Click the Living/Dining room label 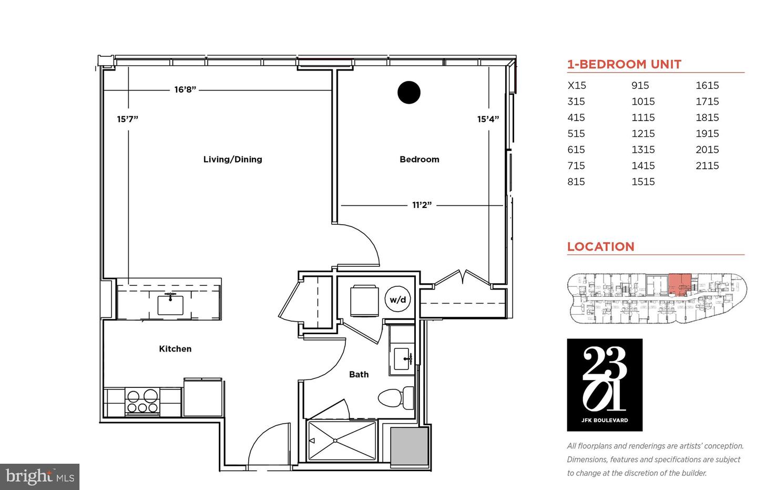tap(232, 159)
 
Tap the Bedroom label tap(420, 159)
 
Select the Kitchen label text tap(175, 349)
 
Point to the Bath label tap(359, 374)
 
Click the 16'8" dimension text tap(185, 89)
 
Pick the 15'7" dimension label tap(127, 119)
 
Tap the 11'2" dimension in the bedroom tap(422, 205)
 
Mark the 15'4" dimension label tap(488, 119)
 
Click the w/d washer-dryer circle tap(398, 299)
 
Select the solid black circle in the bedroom tap(409, 93)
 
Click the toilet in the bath tap(396, 397)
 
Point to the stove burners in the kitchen tap(142, 402)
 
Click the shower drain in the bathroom tap(335, 441)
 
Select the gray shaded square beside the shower tap(409, 446)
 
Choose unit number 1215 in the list tap(643, 133)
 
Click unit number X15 tap(577, 85)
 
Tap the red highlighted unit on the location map tap(679, 284)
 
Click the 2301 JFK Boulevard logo tap(605, 385)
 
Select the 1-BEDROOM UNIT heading tap(624, 64)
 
